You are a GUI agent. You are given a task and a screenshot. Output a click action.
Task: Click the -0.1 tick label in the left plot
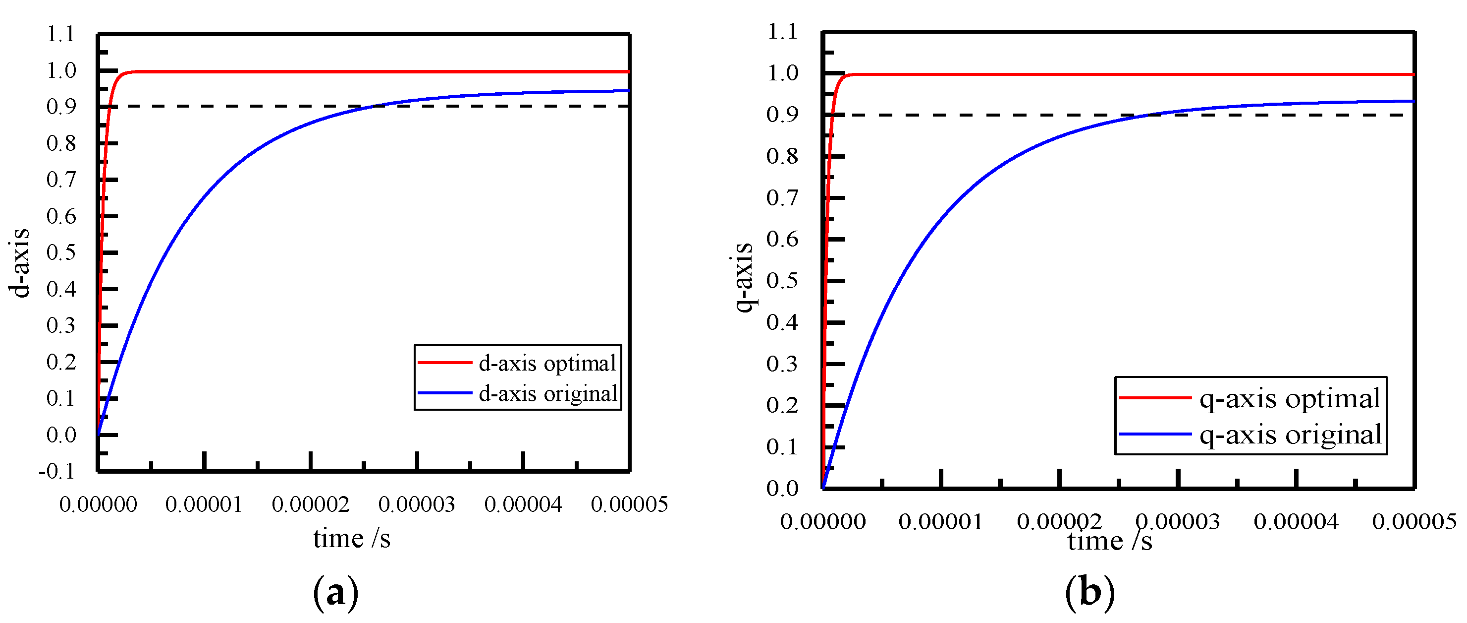56,471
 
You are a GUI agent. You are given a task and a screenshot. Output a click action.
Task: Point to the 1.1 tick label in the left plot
60,34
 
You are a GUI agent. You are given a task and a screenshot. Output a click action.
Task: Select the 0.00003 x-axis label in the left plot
416,504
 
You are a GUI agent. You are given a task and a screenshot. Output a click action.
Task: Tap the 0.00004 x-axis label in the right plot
1296,521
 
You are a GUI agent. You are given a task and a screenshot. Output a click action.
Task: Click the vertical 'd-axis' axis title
19,263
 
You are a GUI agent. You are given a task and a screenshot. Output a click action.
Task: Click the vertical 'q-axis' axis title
744,278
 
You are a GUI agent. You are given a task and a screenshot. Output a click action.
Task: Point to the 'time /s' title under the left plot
351,539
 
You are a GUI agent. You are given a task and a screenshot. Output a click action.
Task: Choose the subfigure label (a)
336,593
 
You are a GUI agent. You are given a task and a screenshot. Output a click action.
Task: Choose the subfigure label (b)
1089,593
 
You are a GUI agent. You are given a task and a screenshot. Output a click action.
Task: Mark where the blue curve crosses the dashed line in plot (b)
1144,115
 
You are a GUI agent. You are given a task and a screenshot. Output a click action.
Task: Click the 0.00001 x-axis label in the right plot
941,521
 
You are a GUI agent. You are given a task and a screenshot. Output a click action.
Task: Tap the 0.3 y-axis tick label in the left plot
61,325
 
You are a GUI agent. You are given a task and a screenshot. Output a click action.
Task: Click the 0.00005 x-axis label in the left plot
629,504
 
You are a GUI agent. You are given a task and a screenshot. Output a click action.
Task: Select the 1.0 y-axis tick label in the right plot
782,73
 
